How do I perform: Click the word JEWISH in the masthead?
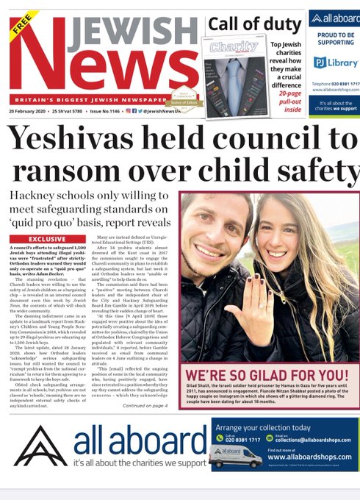click(124, 27)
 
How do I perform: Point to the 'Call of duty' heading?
click(253, 24)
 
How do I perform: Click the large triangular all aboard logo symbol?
click(42, 447)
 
